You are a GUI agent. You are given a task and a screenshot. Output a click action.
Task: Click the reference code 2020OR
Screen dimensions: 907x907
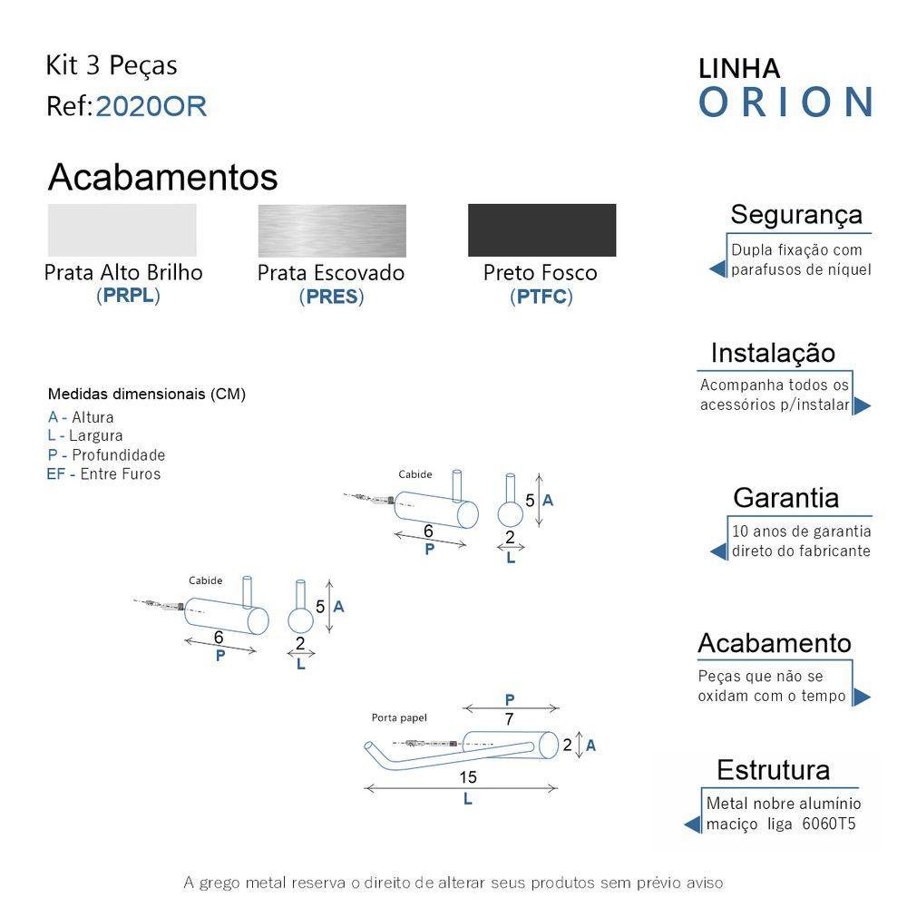click(151, 107)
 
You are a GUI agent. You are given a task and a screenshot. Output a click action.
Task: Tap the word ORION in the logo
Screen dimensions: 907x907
click(785, 102)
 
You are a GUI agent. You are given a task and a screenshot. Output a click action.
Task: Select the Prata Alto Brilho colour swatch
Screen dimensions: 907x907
click(122, 229)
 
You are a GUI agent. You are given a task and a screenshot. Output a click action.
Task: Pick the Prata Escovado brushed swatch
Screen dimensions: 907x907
click(332, 229)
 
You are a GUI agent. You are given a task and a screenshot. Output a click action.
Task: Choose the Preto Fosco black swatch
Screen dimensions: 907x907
click(541, 229)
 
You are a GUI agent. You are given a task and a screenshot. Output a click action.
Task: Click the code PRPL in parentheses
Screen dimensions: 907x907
click(128, 296)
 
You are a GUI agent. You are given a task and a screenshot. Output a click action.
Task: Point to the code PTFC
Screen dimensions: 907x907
click(541, 297)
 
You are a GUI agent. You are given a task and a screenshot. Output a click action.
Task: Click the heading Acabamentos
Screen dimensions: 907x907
click(162, 178)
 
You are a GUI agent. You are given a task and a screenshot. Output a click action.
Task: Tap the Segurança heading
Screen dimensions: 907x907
click(795, 215)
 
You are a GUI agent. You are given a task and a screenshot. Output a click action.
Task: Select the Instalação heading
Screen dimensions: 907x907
click(773, 353)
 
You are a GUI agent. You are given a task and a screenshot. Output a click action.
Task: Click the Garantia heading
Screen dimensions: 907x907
click(785, 498)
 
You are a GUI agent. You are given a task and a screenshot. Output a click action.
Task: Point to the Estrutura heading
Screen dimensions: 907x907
click(773, 770)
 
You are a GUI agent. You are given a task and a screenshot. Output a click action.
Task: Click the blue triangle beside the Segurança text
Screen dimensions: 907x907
click(717, 268)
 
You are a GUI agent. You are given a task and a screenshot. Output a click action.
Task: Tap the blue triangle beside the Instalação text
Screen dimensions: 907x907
click(862, 405)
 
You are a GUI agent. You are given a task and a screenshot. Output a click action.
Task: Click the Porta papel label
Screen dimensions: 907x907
click(399, 717)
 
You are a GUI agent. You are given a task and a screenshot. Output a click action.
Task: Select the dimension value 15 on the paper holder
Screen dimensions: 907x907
click(467, 777)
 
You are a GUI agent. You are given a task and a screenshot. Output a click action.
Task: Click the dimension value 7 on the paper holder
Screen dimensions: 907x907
click(510, 719)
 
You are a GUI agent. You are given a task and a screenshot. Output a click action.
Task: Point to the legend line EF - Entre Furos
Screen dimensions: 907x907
click(103, 474)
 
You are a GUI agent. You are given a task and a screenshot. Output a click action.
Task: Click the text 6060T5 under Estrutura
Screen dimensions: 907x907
click(829, 824)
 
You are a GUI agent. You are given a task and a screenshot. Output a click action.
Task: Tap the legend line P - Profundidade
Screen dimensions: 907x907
click(106, 455)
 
